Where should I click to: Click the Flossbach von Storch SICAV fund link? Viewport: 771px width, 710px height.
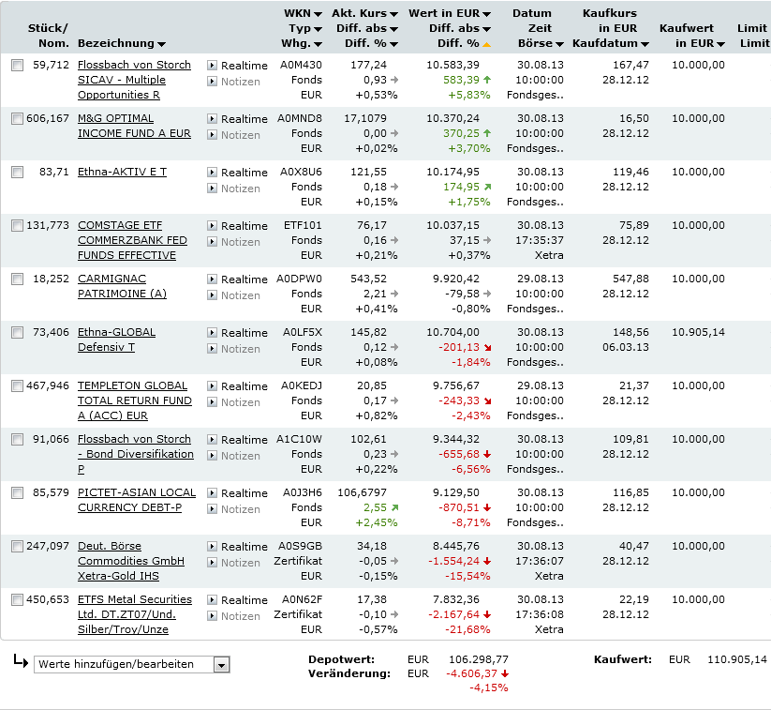point(134,65)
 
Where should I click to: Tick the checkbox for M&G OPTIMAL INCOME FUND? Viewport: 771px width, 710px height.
point(17,119)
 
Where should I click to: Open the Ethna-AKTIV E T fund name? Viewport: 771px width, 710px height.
point(122,172)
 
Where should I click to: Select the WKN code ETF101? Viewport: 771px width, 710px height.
point(303,225)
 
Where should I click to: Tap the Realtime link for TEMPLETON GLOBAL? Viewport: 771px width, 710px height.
point(244,385)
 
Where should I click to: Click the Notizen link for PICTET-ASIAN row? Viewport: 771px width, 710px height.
point(240,509)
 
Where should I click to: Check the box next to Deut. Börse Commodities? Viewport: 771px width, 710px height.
point(17,547)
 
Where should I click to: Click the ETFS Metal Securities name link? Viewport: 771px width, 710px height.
point(134,599)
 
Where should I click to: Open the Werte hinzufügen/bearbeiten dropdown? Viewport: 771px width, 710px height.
point(131,664)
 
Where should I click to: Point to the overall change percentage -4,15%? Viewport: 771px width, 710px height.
point(488,687)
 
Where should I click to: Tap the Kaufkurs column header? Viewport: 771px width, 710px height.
point(610,13)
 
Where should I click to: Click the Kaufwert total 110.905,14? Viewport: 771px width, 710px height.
point(731,659)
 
